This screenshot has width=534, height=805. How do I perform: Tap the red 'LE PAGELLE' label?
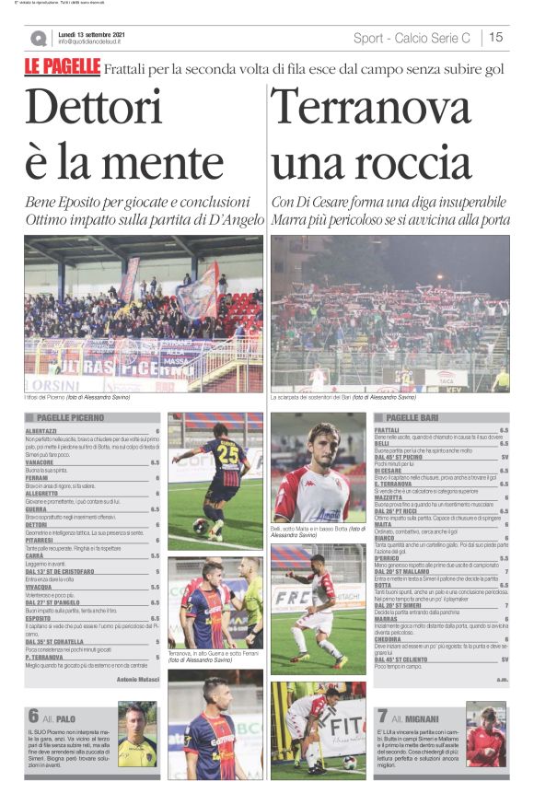(x=62, y=68)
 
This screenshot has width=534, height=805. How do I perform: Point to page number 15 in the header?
(x=495, y=38)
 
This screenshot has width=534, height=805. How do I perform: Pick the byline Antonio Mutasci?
(x=138, y=679)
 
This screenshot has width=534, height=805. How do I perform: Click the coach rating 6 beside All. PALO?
(x=33, y=716)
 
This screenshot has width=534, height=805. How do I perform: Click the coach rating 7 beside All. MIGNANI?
(x=382, y=716)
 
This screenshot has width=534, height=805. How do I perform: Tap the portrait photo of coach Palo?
(x=137, y=736)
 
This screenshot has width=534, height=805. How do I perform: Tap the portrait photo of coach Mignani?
(x=485, y=734)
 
